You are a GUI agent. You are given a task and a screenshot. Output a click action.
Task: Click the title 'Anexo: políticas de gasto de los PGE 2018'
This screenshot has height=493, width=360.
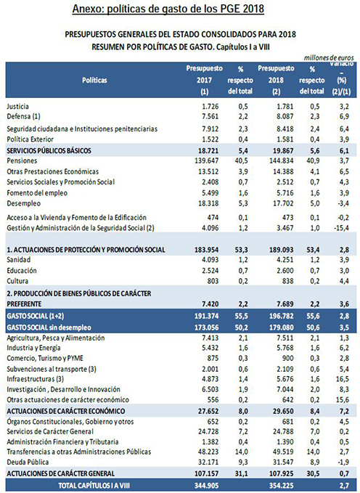click(x=168, y=9)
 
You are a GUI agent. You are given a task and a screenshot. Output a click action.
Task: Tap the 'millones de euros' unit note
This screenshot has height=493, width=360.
click(x=329, y=58)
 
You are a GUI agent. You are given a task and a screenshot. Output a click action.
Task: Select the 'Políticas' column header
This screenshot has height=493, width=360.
click(x=94, y=80)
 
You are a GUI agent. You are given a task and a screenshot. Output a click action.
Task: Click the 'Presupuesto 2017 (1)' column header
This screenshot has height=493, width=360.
click(x=205, y=80)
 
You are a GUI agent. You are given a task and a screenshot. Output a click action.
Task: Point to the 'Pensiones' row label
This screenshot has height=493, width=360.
click(x=22, y=160)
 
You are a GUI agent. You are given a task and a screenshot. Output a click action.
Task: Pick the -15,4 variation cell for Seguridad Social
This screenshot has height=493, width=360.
click(x=341, y=228)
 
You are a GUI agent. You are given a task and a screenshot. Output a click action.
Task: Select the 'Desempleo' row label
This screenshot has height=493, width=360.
click(x=23, y=203)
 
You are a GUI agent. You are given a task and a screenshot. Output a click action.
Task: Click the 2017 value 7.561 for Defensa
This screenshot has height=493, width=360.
click(x=210, y=117)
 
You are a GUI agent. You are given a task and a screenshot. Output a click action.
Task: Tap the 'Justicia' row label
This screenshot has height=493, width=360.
click(x=17, y=106)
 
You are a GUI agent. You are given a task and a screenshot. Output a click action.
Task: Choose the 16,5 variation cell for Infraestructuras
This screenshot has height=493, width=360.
click(x=343, y=379)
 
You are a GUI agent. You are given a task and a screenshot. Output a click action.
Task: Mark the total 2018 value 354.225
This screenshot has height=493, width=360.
click(x=279, y=486)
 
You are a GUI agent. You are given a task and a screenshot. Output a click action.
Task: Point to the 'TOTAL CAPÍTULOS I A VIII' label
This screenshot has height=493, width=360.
click(x=94, y=486)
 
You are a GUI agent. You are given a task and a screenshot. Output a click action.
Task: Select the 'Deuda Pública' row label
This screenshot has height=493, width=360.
click(x=28, y=463)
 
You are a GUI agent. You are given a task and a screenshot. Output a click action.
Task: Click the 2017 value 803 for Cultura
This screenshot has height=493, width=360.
click(x=212, y=281)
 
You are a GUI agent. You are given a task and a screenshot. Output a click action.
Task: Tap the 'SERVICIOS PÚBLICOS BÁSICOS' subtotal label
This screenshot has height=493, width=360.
click(x=49, y=150)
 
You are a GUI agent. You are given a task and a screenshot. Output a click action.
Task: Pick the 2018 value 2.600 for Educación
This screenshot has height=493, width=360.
click(x=285, y=271)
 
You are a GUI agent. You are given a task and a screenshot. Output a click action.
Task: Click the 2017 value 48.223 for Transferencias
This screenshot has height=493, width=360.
click(x=208, y=452)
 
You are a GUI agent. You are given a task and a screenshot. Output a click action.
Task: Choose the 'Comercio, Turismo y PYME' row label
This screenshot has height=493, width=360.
click(x=45, y=358)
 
